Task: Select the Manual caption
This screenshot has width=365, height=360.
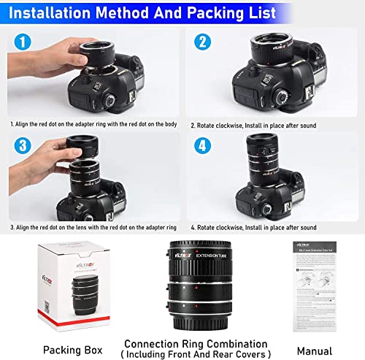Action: (315, 328)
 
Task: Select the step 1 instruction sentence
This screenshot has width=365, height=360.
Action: (93, 125)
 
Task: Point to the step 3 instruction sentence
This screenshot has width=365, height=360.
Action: (93, 227)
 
